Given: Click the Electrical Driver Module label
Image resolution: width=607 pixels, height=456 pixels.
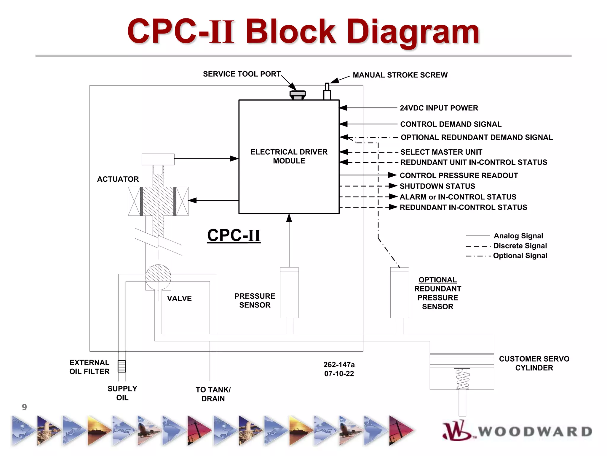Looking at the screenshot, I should pyautogui.click(x=289, y=156).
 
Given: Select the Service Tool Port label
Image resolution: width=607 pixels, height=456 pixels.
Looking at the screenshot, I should pyautogui.click(x=242, y=74).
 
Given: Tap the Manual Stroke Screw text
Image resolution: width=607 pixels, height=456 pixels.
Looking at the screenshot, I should pyautogui.click(x=400, y=75).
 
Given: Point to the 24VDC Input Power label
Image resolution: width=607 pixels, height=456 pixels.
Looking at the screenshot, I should pyautogui.click(x=439, y=108).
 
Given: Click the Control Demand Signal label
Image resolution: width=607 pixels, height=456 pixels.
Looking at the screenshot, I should pyautogui.click(x=451, y=124).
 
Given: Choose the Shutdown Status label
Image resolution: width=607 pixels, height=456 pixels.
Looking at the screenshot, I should pyautogui.click(x=437, y=186).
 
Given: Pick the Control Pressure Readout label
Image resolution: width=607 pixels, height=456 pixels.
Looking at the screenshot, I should pyautogui.click(x=459, y=175).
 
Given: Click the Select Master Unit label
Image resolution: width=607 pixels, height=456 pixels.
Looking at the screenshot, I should pyautogui.click(x=441, y=152).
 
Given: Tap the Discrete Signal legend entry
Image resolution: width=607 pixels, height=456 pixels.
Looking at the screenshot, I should pyautogui.click(x=520, y=246).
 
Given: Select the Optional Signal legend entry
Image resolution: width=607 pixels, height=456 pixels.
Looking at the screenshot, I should pyautogui.click(x=520, y=256).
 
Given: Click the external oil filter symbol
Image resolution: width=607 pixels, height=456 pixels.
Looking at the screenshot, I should pyautogui.click(x=122, y=366).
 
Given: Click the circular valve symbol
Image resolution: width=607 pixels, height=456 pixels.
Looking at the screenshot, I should pyautogui.click(x=158, y=277).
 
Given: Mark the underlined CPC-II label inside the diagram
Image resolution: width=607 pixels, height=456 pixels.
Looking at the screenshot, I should pyautogui.click(x=234, y=235).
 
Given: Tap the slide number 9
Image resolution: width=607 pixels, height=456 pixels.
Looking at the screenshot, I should pyautogui.click(x=24, y=407).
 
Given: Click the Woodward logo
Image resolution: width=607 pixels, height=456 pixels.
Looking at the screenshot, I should pyautogui.click(x=517, y=431).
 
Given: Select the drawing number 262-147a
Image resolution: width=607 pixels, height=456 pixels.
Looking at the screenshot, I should pyautogui.click(x=339, y=365).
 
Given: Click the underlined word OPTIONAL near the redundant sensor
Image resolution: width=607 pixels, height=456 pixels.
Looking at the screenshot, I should pyautogui.click(x=437, y=280).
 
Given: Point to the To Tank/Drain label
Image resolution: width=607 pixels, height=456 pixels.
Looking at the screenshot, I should pyautogui.click(x=213, y=394).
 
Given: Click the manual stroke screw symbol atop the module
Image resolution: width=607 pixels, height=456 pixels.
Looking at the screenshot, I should pyautogui.click(x=327, y=92).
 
